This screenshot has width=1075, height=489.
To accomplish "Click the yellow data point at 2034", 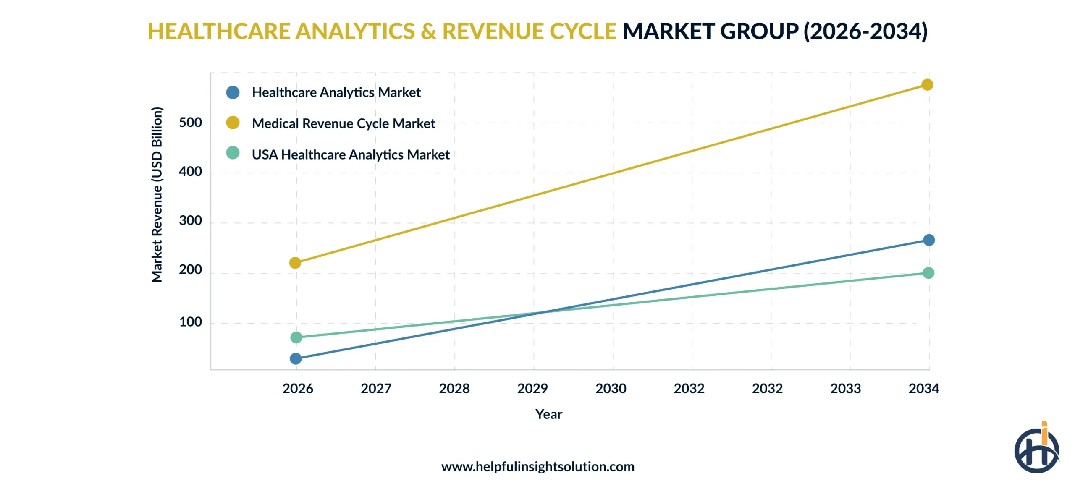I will click(927, 85).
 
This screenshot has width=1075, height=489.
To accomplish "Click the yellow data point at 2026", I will click(295, 263).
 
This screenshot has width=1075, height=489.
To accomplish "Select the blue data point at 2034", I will click(928, 240).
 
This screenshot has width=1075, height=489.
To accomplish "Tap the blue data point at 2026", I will click(296, 358).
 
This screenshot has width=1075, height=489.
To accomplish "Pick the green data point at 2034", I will click(928, 273).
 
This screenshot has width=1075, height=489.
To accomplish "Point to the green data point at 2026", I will click(296, 337).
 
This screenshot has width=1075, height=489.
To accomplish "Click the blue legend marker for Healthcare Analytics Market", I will click(233, 92).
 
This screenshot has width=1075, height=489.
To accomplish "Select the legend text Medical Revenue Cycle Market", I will click(343, 123).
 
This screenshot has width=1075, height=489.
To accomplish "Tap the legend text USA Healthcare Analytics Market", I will click(350, 154).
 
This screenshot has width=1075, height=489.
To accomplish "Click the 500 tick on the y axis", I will click(190, 123).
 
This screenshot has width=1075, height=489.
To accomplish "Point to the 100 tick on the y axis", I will click(190, 322).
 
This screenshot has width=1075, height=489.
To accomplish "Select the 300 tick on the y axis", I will click(190, 221).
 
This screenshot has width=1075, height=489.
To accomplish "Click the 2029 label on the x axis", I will click(532, 388).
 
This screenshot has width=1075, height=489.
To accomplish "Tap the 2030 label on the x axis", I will click(611, 388).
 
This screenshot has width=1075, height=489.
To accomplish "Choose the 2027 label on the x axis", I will click(376, 388).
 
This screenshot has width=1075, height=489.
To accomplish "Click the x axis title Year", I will click(548, 414).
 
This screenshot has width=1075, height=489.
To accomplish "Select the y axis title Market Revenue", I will click(157, 194).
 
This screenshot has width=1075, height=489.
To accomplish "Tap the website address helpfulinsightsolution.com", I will click(537, 467).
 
